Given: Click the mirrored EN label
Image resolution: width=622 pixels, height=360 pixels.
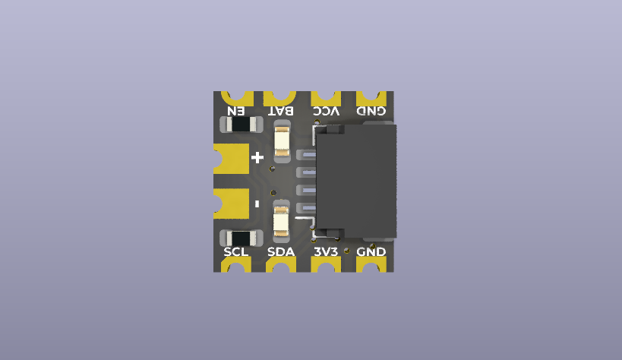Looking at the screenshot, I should pos(235,111).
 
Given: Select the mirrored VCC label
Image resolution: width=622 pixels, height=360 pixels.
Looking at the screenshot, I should pos(327,111).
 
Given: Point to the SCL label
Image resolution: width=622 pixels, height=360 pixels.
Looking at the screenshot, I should pos(236,251).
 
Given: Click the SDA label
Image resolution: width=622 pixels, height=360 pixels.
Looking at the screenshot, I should pos(281,251).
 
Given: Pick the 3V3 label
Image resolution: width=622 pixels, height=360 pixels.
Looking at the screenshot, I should pos(327,251).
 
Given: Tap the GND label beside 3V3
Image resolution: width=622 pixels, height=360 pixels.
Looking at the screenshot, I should pos(371,251).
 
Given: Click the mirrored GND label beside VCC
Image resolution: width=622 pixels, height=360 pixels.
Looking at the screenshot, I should pos(371,111).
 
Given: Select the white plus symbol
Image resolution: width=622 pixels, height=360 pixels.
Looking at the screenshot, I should pos(257,158).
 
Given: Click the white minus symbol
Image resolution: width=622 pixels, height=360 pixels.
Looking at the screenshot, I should pos(257,204).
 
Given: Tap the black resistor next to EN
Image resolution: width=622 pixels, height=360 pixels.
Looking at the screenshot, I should pos(239,124).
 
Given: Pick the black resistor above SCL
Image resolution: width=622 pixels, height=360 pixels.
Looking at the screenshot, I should pos(239,238).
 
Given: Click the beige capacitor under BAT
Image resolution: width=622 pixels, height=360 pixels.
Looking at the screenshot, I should pos(282,142).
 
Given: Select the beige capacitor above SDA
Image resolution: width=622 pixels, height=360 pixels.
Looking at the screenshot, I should pos(281,220).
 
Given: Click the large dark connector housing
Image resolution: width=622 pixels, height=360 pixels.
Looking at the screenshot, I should pos(356,180).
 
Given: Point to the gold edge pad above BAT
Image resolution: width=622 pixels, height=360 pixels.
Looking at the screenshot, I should pos(279,97).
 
